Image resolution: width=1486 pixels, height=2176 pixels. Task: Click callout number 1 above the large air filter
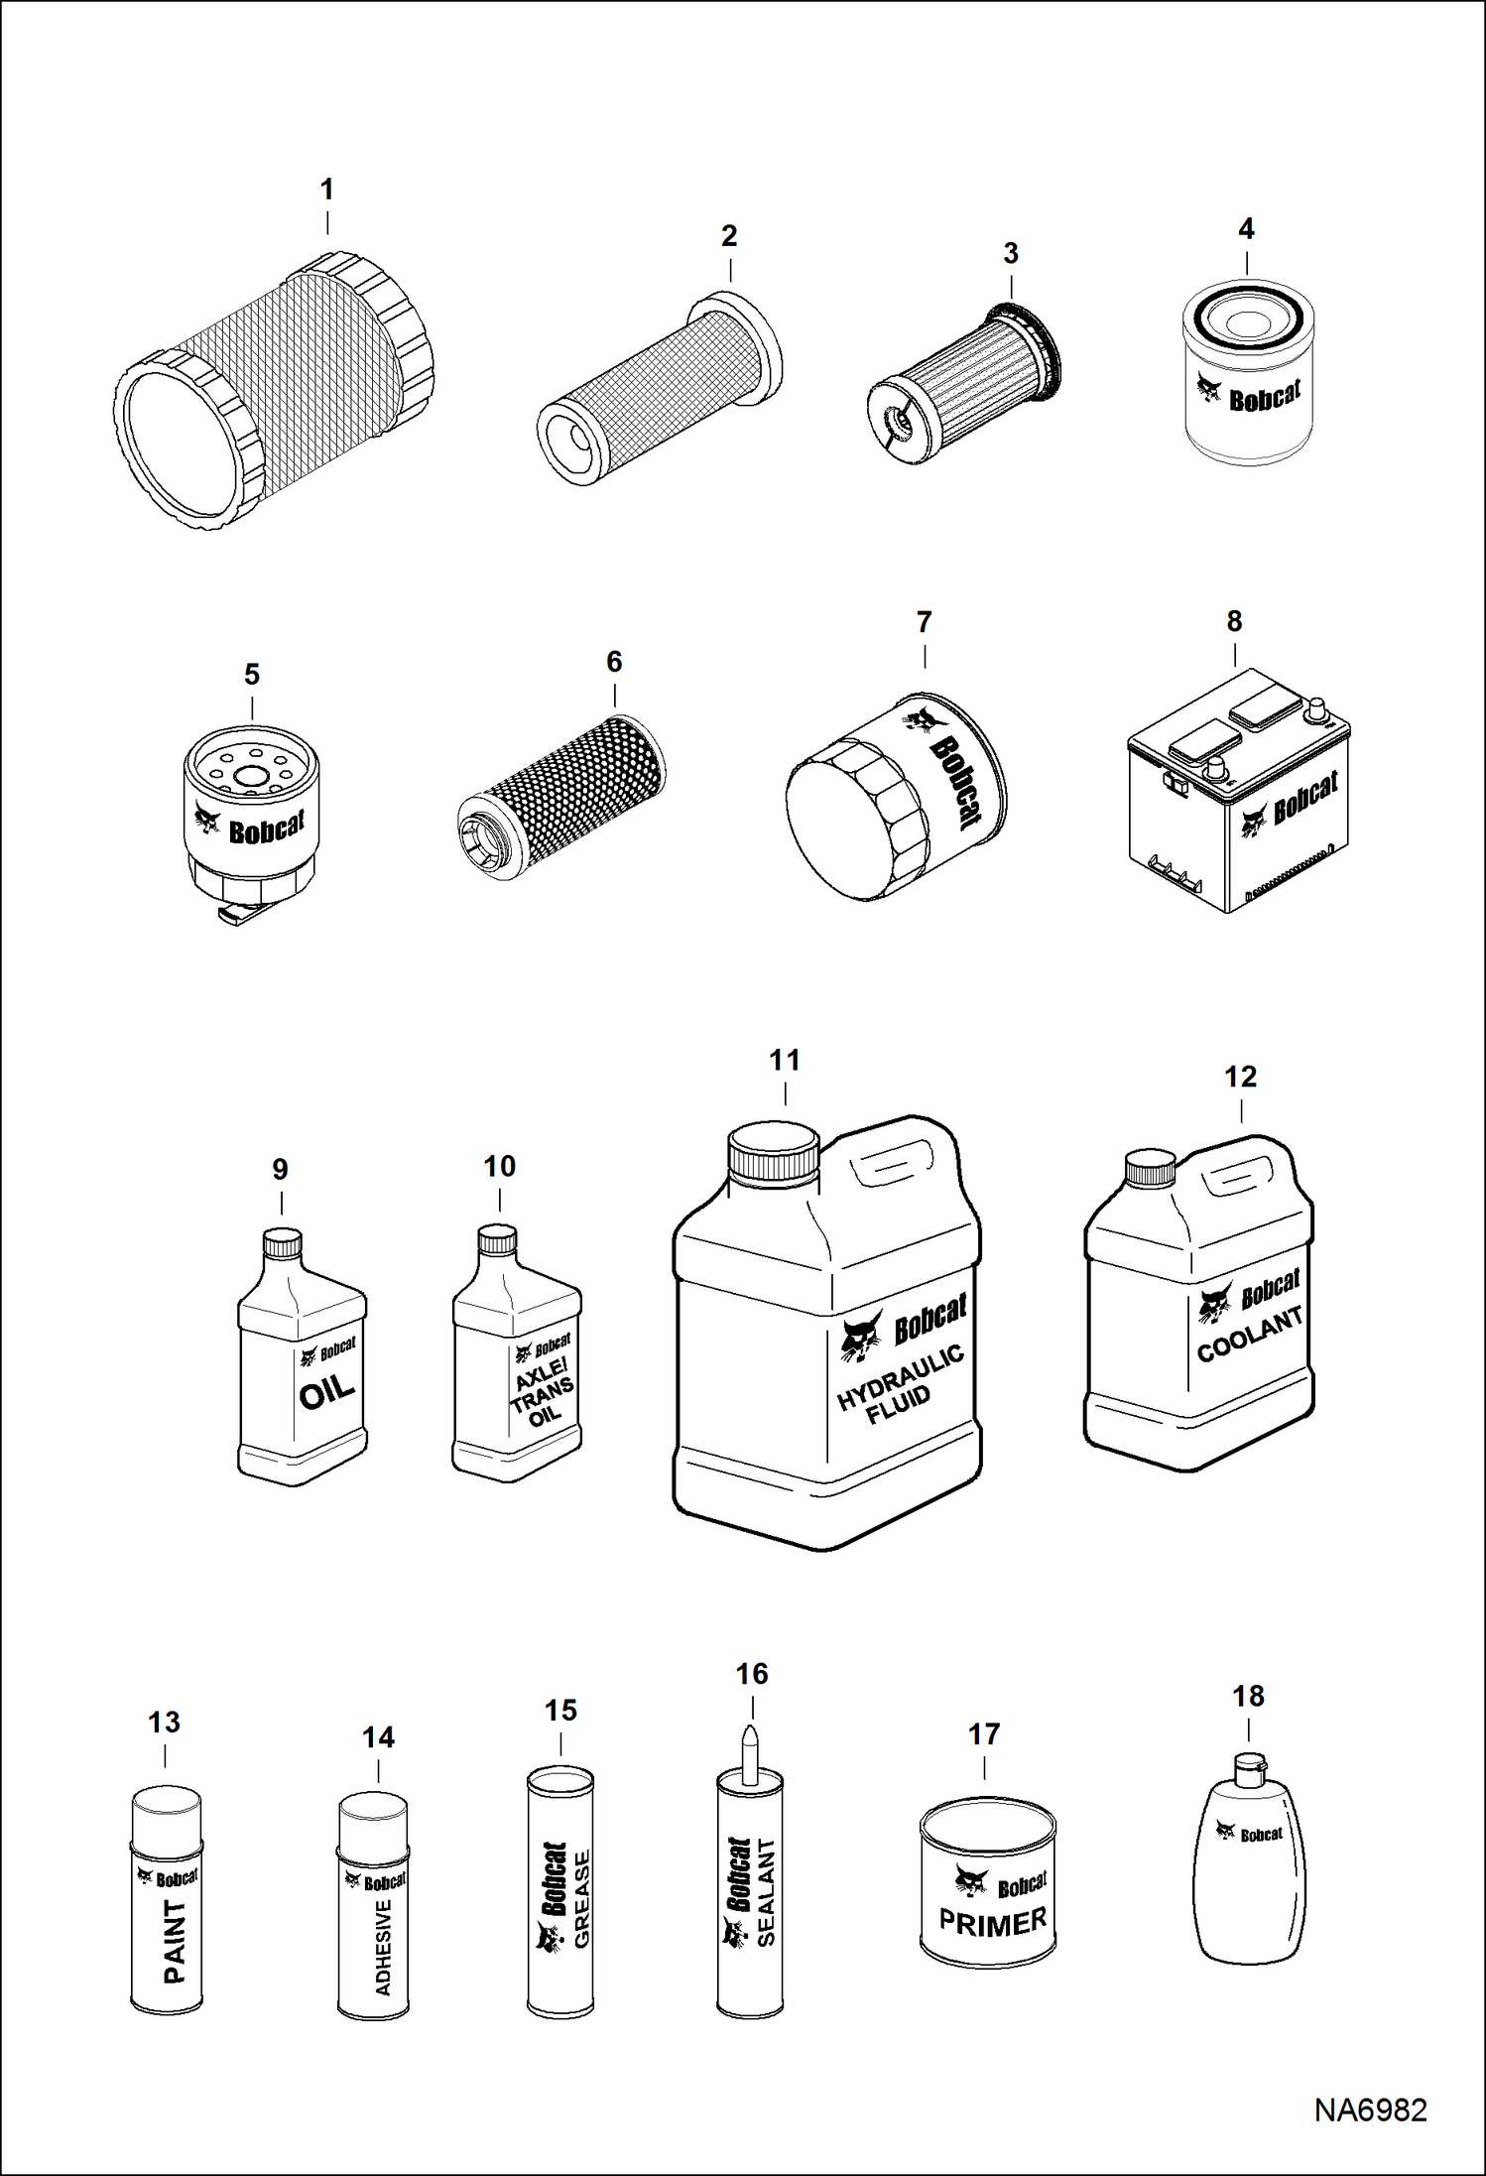[326, 190]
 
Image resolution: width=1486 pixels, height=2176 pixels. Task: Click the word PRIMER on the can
[993, 1923]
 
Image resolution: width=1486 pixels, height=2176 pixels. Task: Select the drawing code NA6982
[1370, 2111]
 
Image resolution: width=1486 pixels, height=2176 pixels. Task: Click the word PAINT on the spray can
[174, 1941]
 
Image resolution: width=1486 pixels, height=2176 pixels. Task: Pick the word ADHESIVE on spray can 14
[384, 1947]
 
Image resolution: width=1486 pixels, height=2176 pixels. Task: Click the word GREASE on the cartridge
[582, 1899]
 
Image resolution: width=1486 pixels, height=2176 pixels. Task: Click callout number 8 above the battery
[1234, 622]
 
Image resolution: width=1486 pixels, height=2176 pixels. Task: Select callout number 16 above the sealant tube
[752, 1675]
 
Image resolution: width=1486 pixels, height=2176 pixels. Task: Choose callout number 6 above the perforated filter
[614, 662]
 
